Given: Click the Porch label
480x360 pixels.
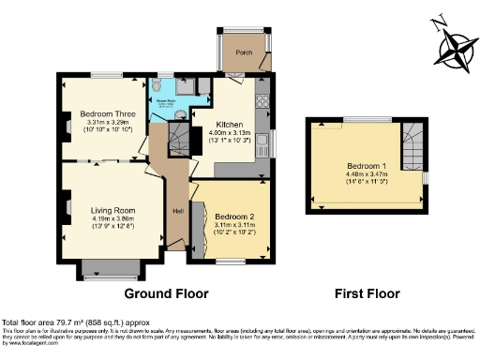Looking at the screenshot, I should tap(245, 52).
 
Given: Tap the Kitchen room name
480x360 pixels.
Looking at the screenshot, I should tap(230, 124).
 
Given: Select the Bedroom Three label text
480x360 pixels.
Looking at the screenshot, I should tap(107, 114).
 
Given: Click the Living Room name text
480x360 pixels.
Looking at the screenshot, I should tap(112, 210).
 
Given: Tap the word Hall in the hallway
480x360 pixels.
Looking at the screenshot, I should tap(177, 210).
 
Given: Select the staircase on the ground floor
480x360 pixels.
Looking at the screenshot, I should tap(178, 142).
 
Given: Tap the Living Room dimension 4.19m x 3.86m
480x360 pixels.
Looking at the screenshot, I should tap(112, 218).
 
